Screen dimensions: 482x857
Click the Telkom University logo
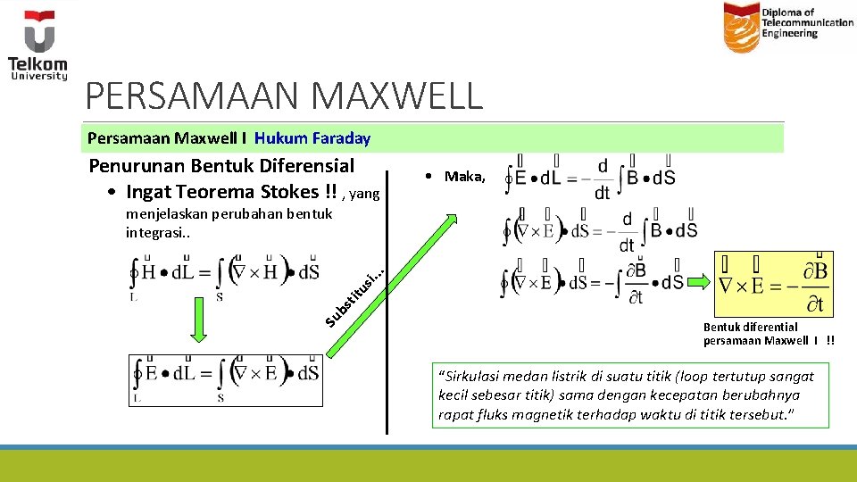point(37,45)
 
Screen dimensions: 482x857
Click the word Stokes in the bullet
point(285,191)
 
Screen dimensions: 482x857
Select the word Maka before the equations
point(464,177)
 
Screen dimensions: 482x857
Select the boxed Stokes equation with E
point(224,378)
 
